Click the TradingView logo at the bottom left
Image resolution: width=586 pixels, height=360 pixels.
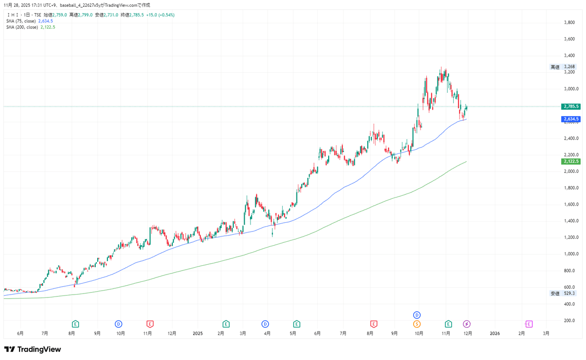[x=32, y=349]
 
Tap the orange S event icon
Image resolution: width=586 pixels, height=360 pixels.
[x=417, y=323]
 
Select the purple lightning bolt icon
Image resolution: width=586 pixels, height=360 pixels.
[x=467, y=323]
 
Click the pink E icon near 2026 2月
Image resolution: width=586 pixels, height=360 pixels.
[x=529, y=323]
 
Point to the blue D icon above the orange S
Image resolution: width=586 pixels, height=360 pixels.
[x=417, y=315]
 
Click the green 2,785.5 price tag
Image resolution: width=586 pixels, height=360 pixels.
[x=571, y=106]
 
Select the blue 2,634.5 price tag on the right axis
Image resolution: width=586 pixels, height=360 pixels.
[x=571, y=119]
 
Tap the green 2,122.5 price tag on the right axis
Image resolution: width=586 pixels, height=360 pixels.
[x=571, y=161]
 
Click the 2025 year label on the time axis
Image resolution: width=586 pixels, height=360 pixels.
[x=197, y=334]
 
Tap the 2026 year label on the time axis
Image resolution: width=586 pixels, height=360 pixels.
[x=495, y=334]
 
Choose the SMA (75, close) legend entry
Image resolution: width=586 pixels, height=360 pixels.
[x=21, y=21]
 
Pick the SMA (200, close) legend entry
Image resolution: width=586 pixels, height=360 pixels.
[x=22, y=27]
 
